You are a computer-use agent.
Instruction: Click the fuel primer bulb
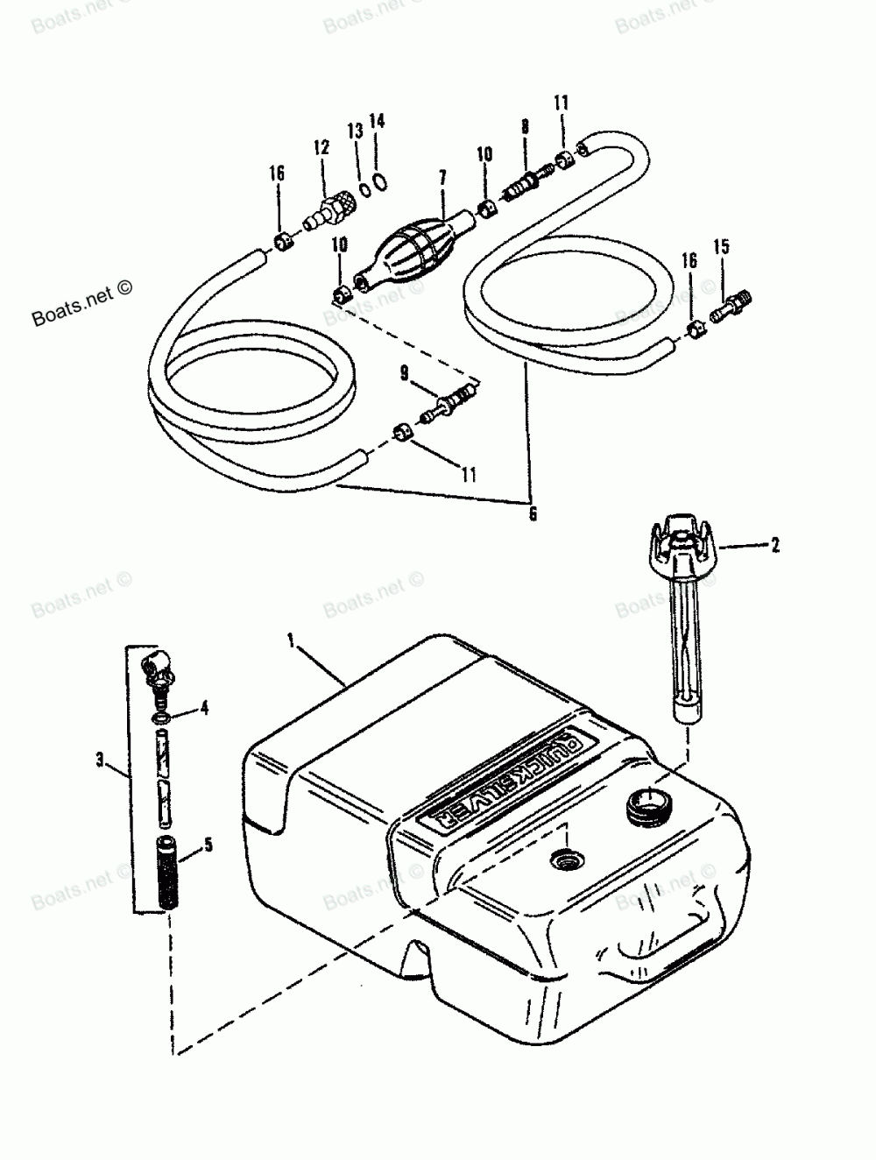tap(412, 251)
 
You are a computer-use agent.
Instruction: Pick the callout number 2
tap(774, 545)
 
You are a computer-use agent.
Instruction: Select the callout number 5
tap(208, 845)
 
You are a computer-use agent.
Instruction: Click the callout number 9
tap(405, 373)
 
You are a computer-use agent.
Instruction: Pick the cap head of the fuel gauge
tap(681, 541)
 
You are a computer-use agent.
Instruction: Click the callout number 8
tap(525, 127)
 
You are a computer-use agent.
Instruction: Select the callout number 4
tap(204, 707)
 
